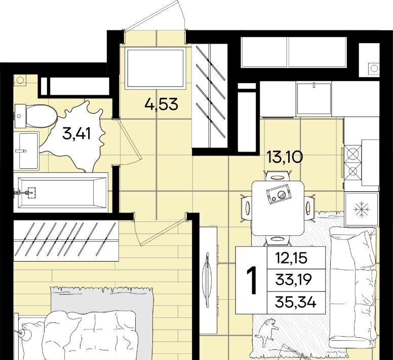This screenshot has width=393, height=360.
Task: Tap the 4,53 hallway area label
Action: pos(162,104)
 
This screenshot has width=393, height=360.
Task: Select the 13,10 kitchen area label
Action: pos(285,157)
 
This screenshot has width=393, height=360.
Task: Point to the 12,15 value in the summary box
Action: pos(291,258)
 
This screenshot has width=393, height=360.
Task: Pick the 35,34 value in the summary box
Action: pos(296,302)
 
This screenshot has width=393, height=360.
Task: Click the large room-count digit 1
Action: pos(252,280)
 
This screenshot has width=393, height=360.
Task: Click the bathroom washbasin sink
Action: pos(26,151)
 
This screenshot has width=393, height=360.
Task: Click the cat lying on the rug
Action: pos(267,332)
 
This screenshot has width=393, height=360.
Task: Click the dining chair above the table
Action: pos(278,176)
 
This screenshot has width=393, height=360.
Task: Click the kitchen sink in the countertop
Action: pos(314,98)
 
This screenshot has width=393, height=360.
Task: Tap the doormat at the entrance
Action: pos(155,68)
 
